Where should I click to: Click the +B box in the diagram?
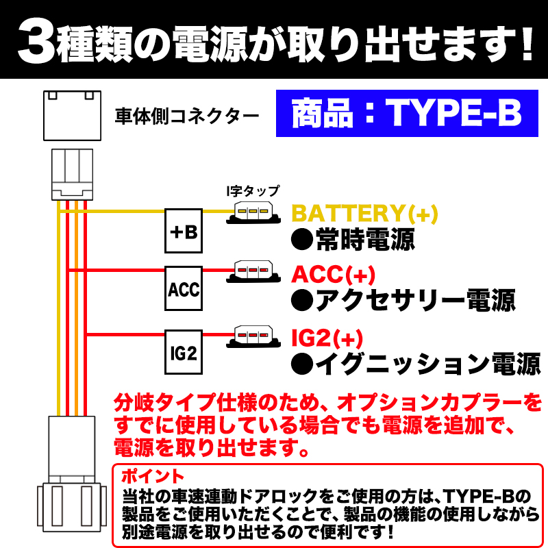(x=184, y=231)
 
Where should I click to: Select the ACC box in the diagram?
(x=184, y=288)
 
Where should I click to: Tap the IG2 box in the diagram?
(x=184, y=352)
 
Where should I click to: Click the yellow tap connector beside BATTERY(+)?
(x=253, y=212)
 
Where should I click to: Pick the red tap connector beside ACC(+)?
(x=253, y=271)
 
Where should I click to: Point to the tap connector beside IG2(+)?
(x=253, y=336)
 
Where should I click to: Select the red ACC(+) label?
(x=333, y=275)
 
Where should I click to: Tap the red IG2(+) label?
(x=327, y=338)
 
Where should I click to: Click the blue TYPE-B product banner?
(x=407, y=113)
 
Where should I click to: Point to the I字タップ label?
(x=253, y=191)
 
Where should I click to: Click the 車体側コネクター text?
(x=187, y=116)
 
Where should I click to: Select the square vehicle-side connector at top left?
(x=73, y=116)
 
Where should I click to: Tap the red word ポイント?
(x=153, y=476)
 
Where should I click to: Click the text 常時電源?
(x=353, y=240)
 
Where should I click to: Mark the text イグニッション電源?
(x=416, y=364)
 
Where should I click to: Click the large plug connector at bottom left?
(x=72, y=474)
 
